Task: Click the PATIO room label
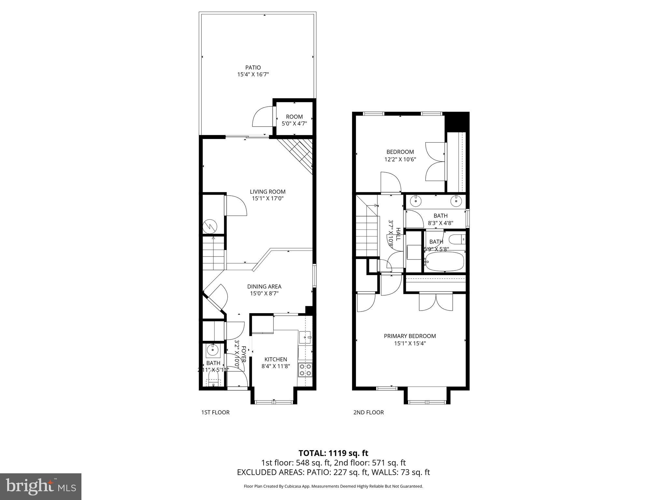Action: (253, 68)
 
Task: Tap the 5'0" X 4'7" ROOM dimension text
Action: (294, 124)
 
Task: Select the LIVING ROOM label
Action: (267, 192)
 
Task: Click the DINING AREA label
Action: (264, 286)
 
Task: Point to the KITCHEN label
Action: (276, 359)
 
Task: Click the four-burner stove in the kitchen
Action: (305, 370)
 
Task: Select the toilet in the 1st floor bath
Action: (214, 379)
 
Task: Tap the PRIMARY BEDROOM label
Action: (410, 336)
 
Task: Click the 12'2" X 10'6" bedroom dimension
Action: (400, 160)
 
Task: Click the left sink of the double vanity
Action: (416, 201)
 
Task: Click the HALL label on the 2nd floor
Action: (398, 234)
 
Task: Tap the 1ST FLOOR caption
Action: (215, 412)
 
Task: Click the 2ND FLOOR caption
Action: (368, 412)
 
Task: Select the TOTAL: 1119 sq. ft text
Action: (333, 453)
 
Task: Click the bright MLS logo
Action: (41, 486)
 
